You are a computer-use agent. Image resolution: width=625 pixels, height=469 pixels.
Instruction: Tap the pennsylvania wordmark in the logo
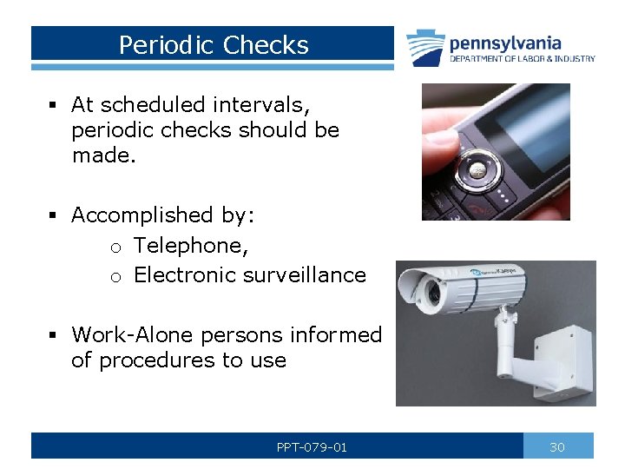tap(504, 43)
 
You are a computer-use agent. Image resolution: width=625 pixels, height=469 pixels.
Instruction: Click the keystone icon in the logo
tap(425, 48)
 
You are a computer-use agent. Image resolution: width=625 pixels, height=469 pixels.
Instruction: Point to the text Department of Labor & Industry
tap(522, 59)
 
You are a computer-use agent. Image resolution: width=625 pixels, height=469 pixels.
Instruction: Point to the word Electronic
tap(185, 275)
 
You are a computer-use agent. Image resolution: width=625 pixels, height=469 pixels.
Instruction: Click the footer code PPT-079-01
tap(312, 447)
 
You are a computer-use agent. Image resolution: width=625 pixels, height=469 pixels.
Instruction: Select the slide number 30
tap(557, 447)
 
